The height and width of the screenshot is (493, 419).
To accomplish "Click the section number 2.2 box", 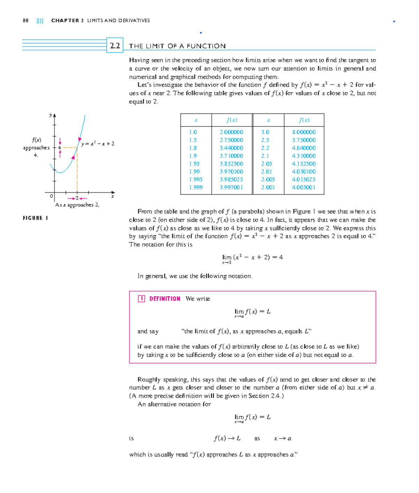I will (x=115, y=46).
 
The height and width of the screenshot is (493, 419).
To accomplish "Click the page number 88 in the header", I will (x=25, y=21).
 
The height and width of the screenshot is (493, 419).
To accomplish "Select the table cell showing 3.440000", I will (x=231, y=148).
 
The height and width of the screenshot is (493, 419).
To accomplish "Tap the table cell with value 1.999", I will (x=196, y=187).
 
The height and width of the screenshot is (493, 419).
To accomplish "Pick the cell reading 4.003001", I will (x=304, y=187).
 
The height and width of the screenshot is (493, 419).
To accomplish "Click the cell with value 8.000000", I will (x=304, y=132).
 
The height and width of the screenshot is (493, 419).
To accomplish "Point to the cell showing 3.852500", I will (x=231, y=164).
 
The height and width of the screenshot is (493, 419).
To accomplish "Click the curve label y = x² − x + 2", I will (x=98, y=144).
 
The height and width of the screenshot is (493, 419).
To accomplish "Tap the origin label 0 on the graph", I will (x=51, y=196).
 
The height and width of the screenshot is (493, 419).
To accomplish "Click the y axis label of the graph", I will (x=51, y=115).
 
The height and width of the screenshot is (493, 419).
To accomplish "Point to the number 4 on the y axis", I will (x=59, y=148).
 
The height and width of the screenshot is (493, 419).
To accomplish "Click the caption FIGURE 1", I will (x=35, y=218).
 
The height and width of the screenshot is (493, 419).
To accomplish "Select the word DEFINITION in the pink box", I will (x=165, y=299).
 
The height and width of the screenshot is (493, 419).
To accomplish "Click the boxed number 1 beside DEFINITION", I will (x=141, y=299).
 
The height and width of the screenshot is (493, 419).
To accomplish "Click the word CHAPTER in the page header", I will (x=65, y=21).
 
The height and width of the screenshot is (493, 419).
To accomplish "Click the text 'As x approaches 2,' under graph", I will (x=77, y=205).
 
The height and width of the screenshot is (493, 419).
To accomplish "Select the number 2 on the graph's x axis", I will (x=77, y=198).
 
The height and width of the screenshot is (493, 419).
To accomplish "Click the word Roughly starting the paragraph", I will (x=149, y=380).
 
